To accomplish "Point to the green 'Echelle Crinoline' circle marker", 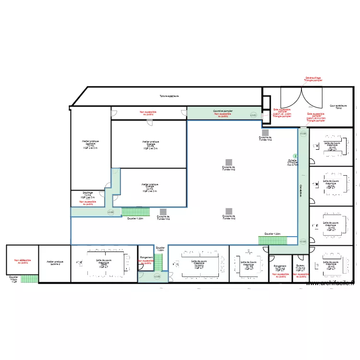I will click(x=295, y=156).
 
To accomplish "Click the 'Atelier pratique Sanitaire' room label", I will click(x=90, y=144).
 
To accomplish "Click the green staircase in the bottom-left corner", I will click(x=29, y=278).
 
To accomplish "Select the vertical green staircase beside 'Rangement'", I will click(x=158, y=262).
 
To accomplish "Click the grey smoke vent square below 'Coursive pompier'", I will click(x=265, y=132).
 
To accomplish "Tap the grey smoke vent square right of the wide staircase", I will click(x=163, y=211).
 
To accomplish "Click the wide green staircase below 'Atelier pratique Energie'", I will click(x=136, y=211).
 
